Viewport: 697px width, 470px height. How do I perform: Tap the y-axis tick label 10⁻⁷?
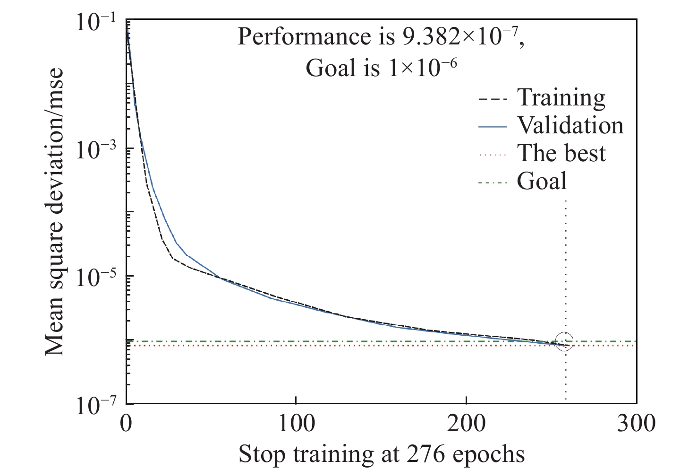coord(96,406)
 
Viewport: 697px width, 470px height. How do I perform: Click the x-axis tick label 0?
coord(126,424)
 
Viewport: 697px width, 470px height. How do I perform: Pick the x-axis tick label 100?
coord(296,424)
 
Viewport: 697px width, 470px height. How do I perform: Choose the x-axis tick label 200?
coord(466,424)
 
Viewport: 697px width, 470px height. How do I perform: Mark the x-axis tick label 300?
coord(636,424)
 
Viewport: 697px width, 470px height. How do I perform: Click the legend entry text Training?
coord(561,98)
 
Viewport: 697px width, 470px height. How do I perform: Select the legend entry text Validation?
coord(570,126)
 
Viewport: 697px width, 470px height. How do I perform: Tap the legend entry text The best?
coord(561,154)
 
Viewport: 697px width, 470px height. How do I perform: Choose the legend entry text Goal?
coord(542,181)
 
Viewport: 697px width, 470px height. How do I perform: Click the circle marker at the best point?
coord(565,341)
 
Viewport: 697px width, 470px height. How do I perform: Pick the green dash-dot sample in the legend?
coord(493,182)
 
